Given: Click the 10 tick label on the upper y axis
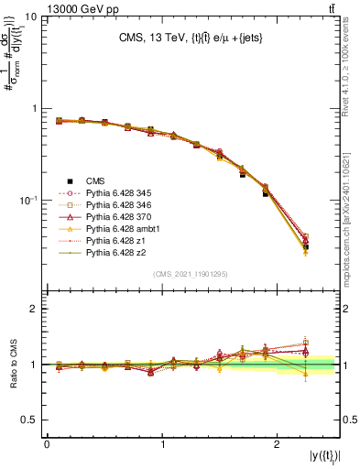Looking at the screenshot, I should (30, 17).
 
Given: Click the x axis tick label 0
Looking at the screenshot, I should (47, 445).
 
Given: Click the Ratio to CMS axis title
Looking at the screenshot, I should (12, 365).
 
